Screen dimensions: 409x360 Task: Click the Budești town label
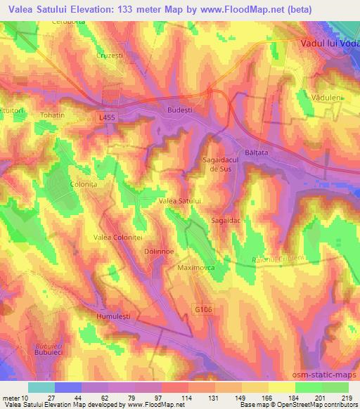pos(179,110)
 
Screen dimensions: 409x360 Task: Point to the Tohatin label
pos(52,115)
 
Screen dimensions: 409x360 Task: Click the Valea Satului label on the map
pos(181,201)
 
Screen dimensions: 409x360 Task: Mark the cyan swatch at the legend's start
pos(41,387)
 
